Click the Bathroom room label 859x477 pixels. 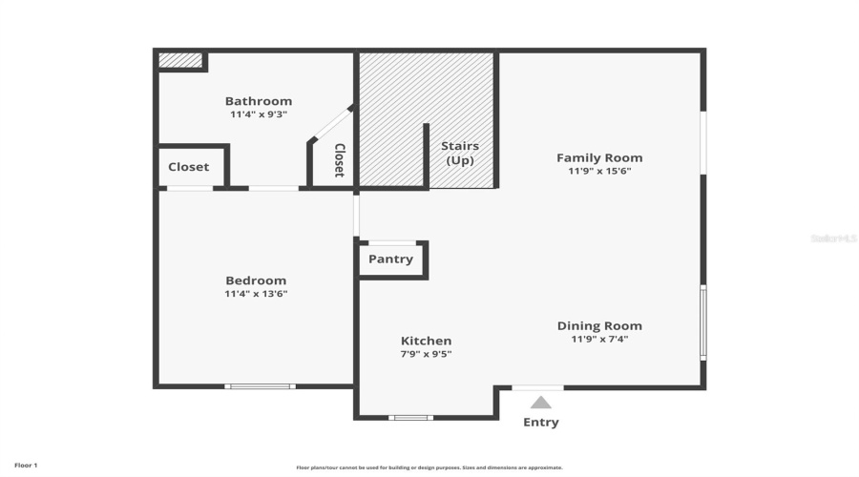pos(258,101)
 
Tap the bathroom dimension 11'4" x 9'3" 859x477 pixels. pos(258,114)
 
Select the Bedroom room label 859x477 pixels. pos(256,280)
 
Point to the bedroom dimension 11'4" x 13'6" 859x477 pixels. pos(256,294)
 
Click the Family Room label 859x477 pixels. pos(599,157)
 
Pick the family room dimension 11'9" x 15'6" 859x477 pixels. pos(599,172)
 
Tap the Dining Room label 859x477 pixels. pos(599,325)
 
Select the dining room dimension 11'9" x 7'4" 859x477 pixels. pos(599,339)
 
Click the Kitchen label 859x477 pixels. pos(426,341)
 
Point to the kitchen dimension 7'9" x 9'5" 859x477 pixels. pos(426,354)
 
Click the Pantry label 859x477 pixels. pos(390,259)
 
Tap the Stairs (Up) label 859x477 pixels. pos(460,153)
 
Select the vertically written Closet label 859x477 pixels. pos(339,160)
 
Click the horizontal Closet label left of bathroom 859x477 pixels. pos(189,167)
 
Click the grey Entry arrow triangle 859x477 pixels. pos(541,403)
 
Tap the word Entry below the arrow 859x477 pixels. pos(541,422)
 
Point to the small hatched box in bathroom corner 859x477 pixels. pos(180,60)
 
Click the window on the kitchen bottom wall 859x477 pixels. pos(410,417)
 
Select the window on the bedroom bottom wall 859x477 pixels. pos(260,386)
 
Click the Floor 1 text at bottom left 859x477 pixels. pos(26,466)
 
